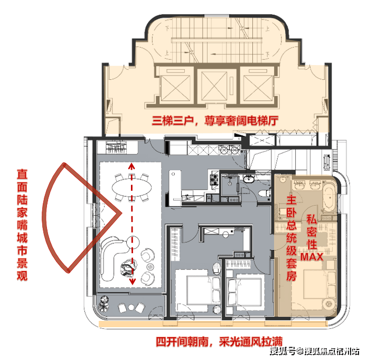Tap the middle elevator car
(x=214, y=86)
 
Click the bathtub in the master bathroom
(x=330, y=197)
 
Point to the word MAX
(x=312, y=257)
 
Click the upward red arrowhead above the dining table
(x=132, y=167)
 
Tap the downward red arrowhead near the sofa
(x=133, y=281)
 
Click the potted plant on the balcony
(x=103, y=303)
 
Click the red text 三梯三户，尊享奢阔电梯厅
(x=215, y=121)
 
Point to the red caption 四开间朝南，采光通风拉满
(x=219, y=342)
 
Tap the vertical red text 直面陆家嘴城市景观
(x=22, y=225)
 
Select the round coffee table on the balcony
(x=131, y=307)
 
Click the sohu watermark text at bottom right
(x=315, y=351)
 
